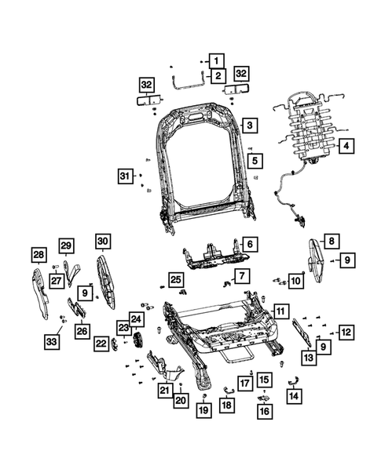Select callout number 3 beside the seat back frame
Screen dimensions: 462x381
point(248,126)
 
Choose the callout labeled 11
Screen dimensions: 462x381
point(280,311)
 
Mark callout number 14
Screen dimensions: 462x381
point(295,397)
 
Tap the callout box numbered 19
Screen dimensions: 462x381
point(203,410)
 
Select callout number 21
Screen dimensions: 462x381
point(164,391)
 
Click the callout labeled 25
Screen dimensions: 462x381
point(176,280)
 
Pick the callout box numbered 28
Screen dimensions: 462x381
point(38,254)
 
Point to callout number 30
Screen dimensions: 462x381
point(104,241)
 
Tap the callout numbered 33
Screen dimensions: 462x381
point(52,342)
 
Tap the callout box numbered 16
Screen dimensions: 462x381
point(263,410)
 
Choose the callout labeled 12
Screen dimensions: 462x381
point(346,332)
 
